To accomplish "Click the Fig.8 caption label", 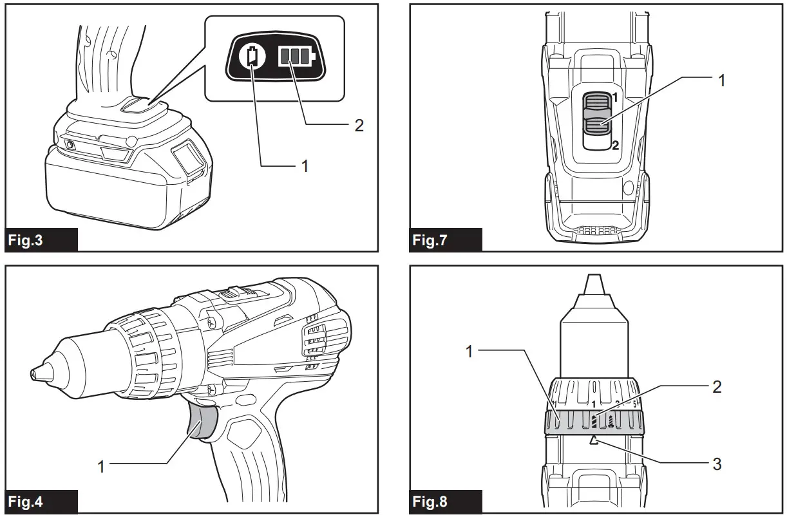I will (x=430, y=501).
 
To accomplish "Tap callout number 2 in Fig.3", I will (x=359, y=125).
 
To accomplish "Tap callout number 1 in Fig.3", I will (x=305, y=165).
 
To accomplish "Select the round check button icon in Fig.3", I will (x=252, y=57).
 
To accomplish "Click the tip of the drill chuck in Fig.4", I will (x=32, y=373).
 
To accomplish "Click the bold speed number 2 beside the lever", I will (x=615, y=146).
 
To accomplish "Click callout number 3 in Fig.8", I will (x=717, y=463).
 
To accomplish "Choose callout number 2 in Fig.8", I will (x=717, y=386).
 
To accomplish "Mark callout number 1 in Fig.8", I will (x=469, y=352).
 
